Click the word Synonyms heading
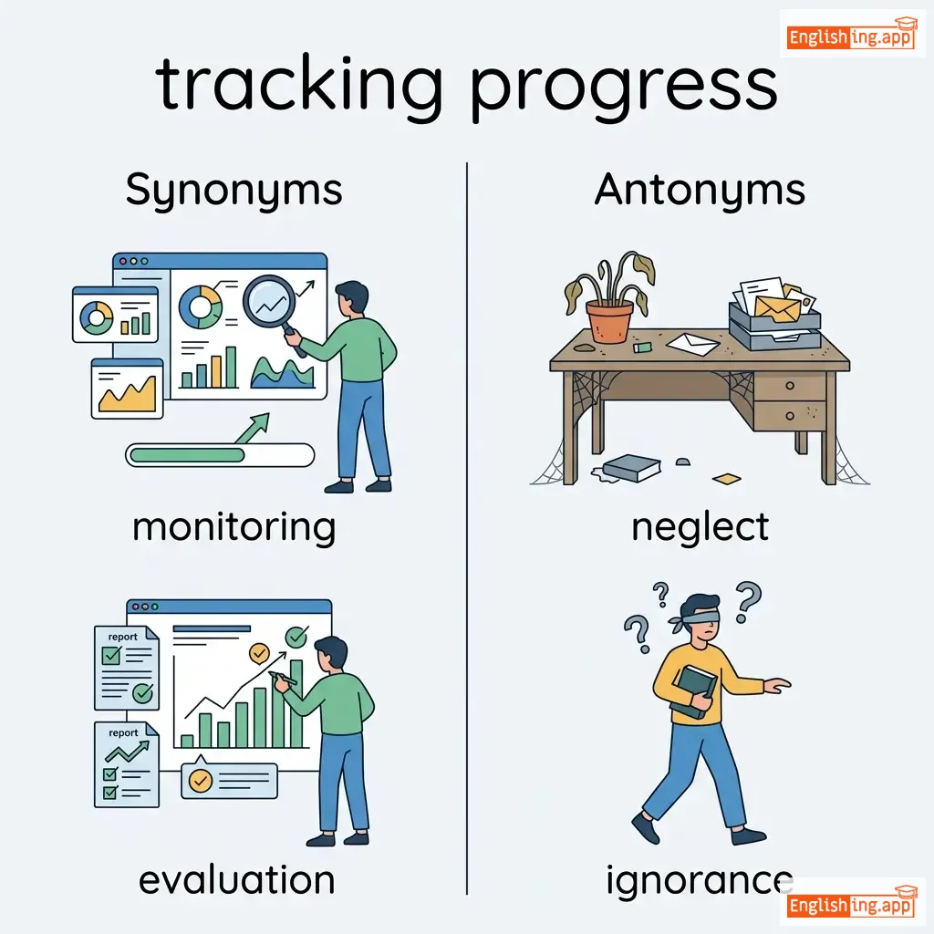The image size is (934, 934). [233, 191]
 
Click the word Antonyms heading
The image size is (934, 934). [700, 190]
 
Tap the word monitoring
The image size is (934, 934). [234, 528]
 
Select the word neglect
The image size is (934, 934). [700, 528]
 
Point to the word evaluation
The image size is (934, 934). [236, 880]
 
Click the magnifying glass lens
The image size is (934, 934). [269, 301]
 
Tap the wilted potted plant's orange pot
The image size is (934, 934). [609, 321]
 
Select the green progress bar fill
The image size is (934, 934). [187, 456]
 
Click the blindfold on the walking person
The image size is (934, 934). [697, 617]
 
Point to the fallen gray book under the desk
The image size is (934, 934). [630, 468]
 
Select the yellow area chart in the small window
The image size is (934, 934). [128, 394]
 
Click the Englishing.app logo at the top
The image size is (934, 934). [852, 35]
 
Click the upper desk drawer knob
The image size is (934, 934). [789, 386]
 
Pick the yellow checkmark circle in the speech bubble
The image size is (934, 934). [200, 781]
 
